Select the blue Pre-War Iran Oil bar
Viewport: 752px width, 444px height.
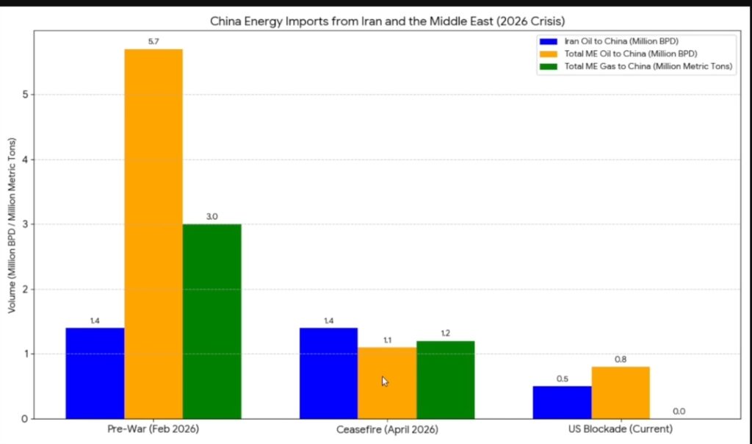click(x=95, y=373)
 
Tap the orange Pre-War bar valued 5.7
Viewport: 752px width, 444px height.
click(x=153, y=234)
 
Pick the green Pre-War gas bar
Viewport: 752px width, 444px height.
click(x=211, y=321)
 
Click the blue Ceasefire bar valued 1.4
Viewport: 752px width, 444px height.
click(x=328, y=373)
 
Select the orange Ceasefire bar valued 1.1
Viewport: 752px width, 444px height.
click(x=386, y=382)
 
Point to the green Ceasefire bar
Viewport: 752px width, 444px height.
click(x=445, y=379)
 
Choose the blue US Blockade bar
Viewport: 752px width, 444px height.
click(x=562, y=402)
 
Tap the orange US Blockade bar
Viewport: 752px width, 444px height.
click(x=621, y=393)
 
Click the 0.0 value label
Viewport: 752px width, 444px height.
click(x=679, y=412)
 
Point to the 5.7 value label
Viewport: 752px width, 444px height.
click(x=153, y=41)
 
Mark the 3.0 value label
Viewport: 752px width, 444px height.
click(x=211, y=216)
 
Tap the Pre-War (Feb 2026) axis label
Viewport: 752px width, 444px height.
click(x=153, y=429)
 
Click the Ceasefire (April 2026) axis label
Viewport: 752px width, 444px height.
click(x=387, y=429)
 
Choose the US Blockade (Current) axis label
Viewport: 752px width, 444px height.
click(x=621, y=429)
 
